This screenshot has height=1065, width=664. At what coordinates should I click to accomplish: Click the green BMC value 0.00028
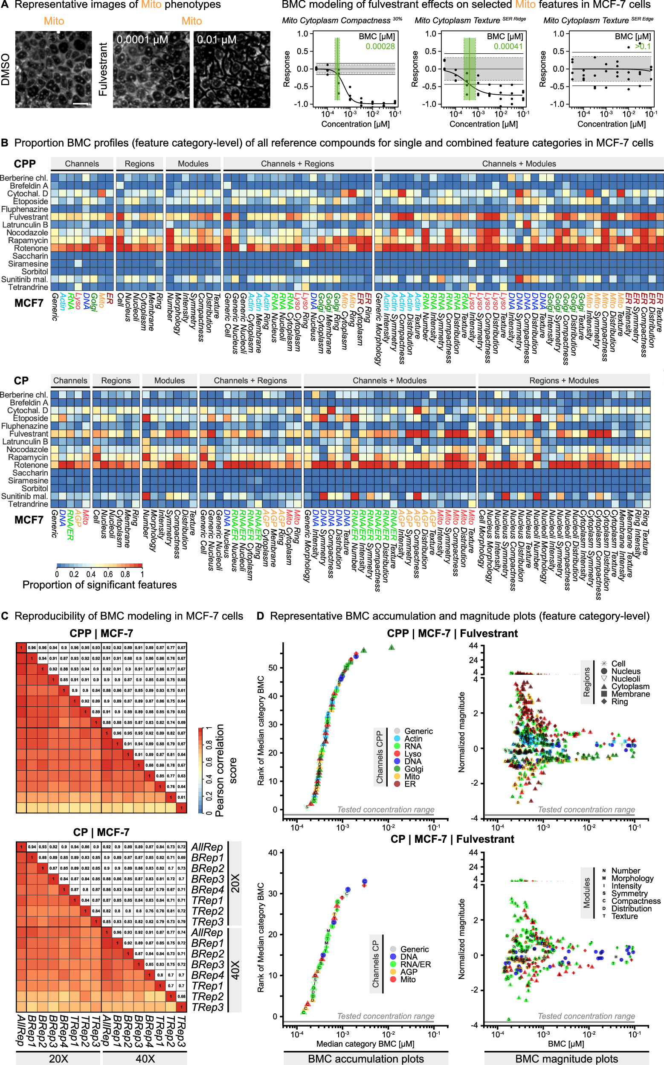[380, 46]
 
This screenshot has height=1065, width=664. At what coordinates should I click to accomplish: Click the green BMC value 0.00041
[508, 46]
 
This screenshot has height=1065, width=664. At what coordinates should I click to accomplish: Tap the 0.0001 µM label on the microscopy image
[142, 40]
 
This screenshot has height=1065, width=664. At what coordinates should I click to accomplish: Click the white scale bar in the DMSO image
[80, 104]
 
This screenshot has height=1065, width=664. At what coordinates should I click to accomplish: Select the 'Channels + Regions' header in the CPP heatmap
[297, 164]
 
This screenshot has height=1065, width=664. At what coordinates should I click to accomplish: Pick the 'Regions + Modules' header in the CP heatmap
[564, 381]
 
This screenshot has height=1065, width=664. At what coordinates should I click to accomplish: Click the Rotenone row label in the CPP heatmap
[31, 248]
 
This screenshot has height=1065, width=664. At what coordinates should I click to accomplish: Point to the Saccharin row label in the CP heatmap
[30, 473]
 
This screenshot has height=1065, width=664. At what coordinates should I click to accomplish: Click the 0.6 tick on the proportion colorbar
[108, 574]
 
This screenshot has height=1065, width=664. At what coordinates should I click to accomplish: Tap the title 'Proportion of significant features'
[99, 585]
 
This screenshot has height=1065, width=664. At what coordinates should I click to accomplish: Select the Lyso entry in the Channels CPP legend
[412, 754]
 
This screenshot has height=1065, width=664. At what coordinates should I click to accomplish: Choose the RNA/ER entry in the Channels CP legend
[415, 964]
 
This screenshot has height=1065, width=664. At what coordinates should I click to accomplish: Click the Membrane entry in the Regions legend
[630, 694]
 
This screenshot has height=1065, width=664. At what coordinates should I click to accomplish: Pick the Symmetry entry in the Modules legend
[629, 893]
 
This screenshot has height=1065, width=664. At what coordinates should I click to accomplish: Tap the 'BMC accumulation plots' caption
[366, 1059]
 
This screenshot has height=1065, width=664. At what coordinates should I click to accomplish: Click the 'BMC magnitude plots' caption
[566, 1059]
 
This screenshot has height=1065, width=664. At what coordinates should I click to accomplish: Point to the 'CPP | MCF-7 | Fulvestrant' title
[452, 633]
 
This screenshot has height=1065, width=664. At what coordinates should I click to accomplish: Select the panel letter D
[261, 616]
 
